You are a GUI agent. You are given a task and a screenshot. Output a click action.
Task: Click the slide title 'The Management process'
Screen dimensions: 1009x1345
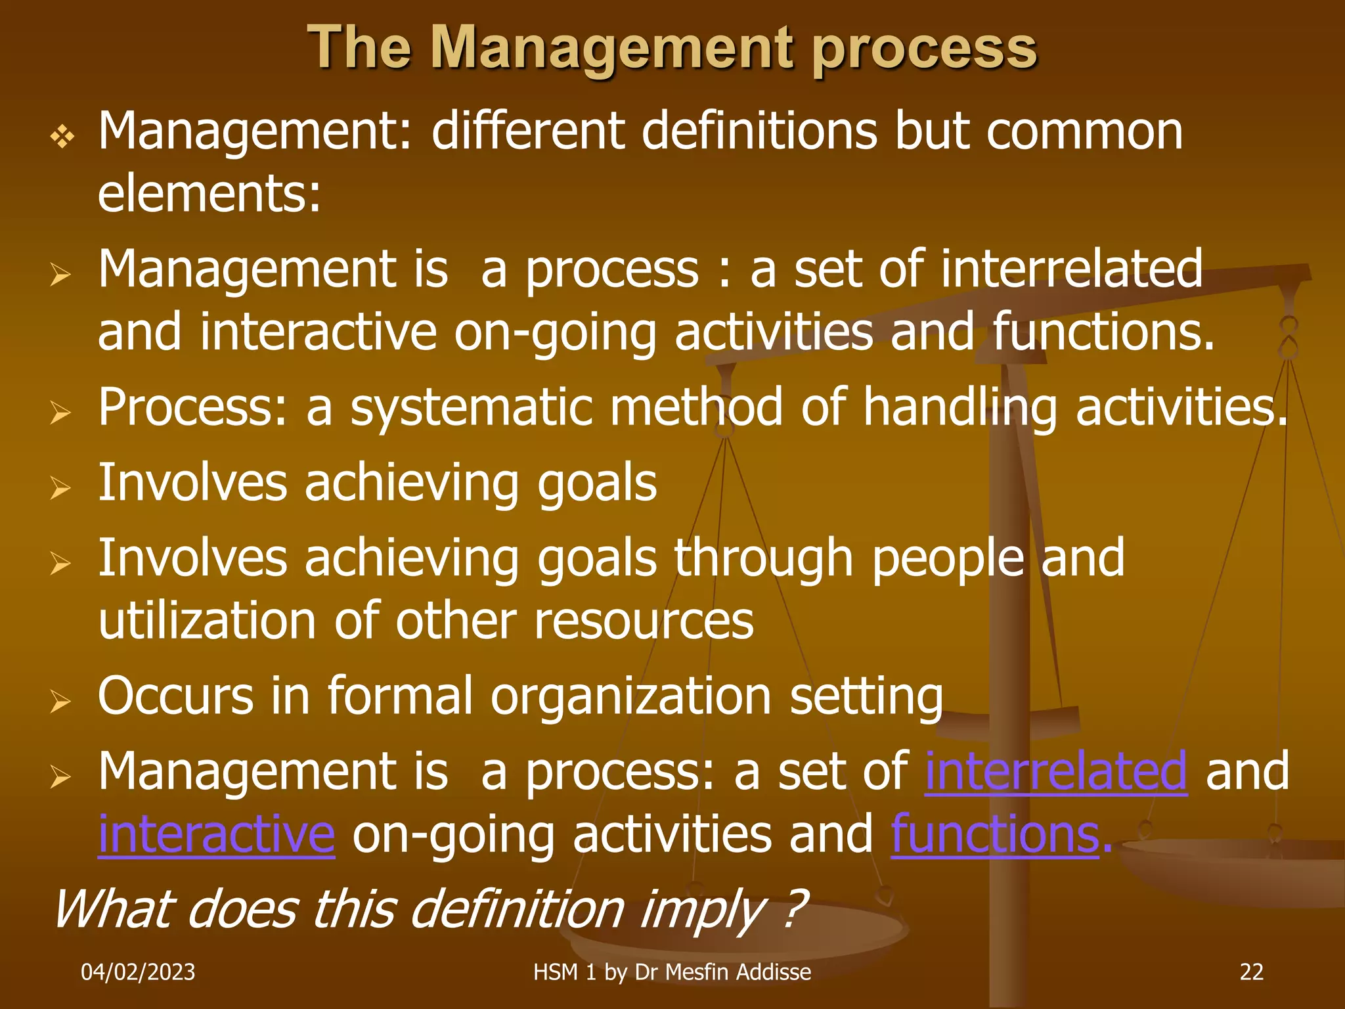(x=672, y=47)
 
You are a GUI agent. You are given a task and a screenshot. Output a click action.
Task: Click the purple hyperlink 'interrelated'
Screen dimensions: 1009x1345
(x=1056, y=771)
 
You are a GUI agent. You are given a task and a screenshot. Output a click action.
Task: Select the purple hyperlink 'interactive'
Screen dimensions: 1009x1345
(x=217, y=834)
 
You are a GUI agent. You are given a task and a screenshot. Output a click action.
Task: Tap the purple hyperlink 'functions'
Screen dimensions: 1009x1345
(x=995, y=834)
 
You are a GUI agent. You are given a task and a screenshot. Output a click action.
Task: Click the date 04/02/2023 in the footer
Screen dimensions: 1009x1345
(x=138, y=972)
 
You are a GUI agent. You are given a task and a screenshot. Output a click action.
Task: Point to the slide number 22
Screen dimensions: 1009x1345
(x=1251, y=972)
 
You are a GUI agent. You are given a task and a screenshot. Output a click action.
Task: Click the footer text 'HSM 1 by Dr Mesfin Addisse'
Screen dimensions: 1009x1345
(x=672, y=972)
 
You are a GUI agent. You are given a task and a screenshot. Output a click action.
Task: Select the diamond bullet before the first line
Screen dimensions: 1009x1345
(x=62, y=137)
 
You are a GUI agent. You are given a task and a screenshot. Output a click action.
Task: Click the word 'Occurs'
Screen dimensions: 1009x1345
(x=175, y=696)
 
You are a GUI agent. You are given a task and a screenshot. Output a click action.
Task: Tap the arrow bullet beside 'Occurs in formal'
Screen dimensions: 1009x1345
(x=60, y=702)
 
